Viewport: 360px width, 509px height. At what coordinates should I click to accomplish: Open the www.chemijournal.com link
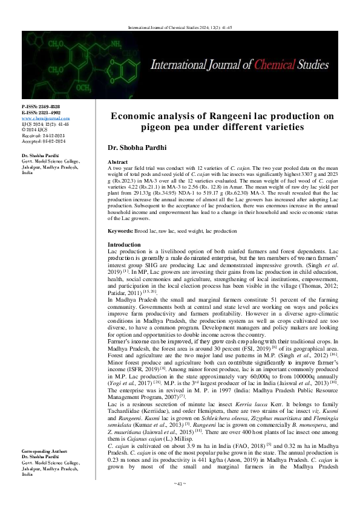click(45, 117)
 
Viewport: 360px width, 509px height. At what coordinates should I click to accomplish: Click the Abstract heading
click(117, 163)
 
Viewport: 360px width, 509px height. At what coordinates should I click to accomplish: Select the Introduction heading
click(123, 261)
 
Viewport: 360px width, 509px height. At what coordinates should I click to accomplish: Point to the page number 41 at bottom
click(180, 501)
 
